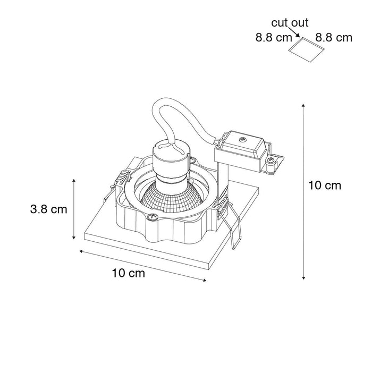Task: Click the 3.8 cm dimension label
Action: pyautogui.click(x=49, y=209)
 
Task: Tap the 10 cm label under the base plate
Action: pyautogui.click(x=129, y=273)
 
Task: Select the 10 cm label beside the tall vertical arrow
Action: pyautogui.click(x=325, y=185)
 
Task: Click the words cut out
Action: pyautogui.click(x=290, y=23)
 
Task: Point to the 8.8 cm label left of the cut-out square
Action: pyautogui.click(x=274, y=38)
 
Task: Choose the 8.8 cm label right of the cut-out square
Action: pyautogui.click(x=334, y=38)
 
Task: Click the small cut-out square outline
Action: pyautogui.click(x=306, y=49)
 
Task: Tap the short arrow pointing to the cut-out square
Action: pyautogui.click(x=294, y=32)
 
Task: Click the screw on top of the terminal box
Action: pyautogui.click(x=242, y=140)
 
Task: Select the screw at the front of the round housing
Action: pyautogui.click(x=151, y=217)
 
